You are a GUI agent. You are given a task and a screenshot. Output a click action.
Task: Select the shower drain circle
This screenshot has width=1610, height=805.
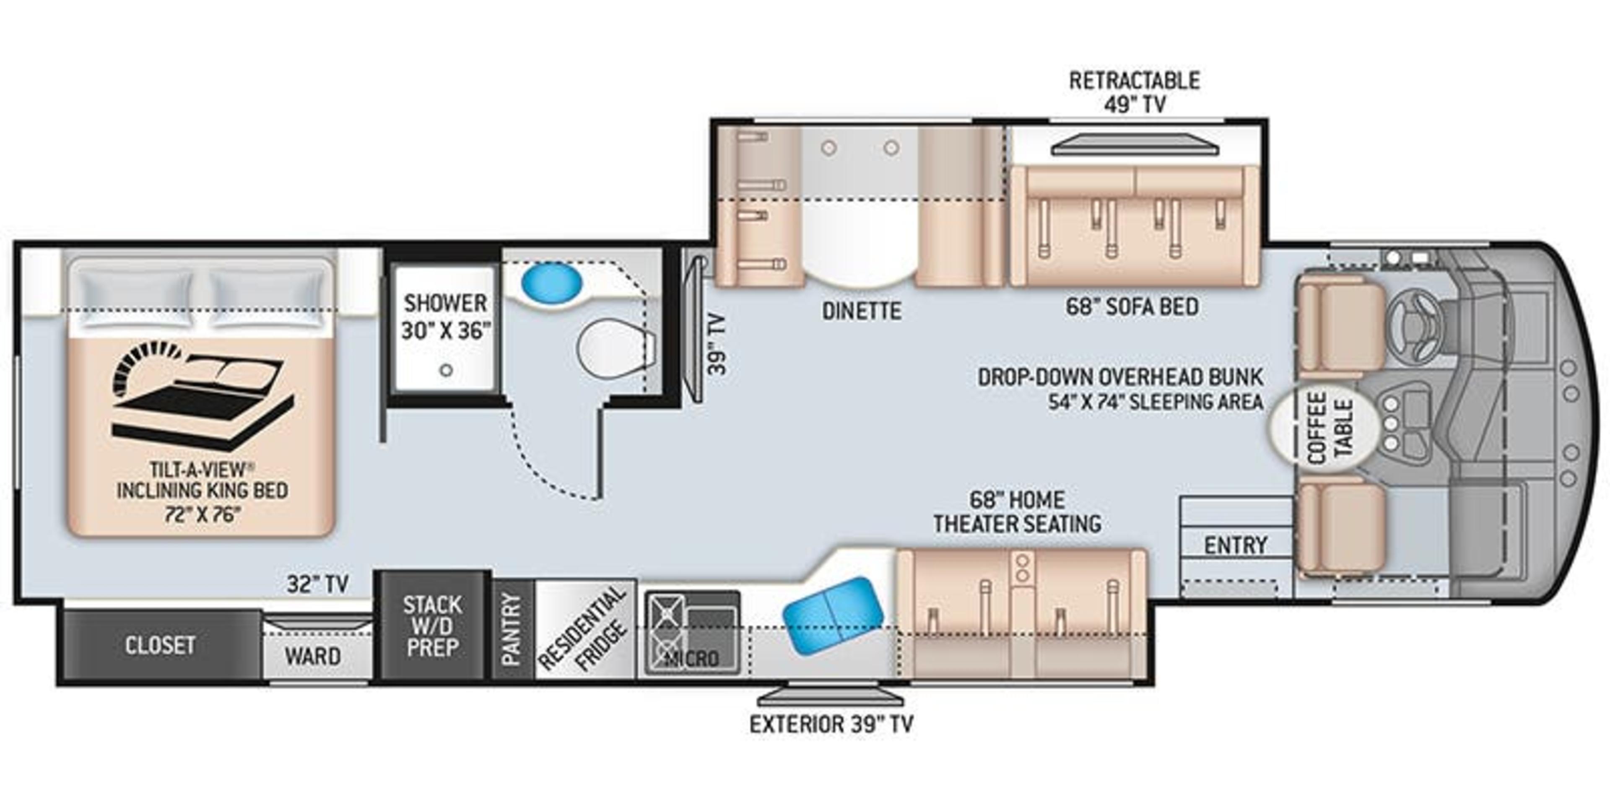click(446, 370)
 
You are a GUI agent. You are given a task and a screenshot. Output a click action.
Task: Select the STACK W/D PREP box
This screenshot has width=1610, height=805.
click(433, 625)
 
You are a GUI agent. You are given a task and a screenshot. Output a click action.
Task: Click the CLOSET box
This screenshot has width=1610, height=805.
click(160, 645)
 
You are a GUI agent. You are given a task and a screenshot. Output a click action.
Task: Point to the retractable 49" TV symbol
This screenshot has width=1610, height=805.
click(1135, 146)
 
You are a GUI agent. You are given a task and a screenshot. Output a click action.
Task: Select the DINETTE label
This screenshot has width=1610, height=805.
click(861, 311)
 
